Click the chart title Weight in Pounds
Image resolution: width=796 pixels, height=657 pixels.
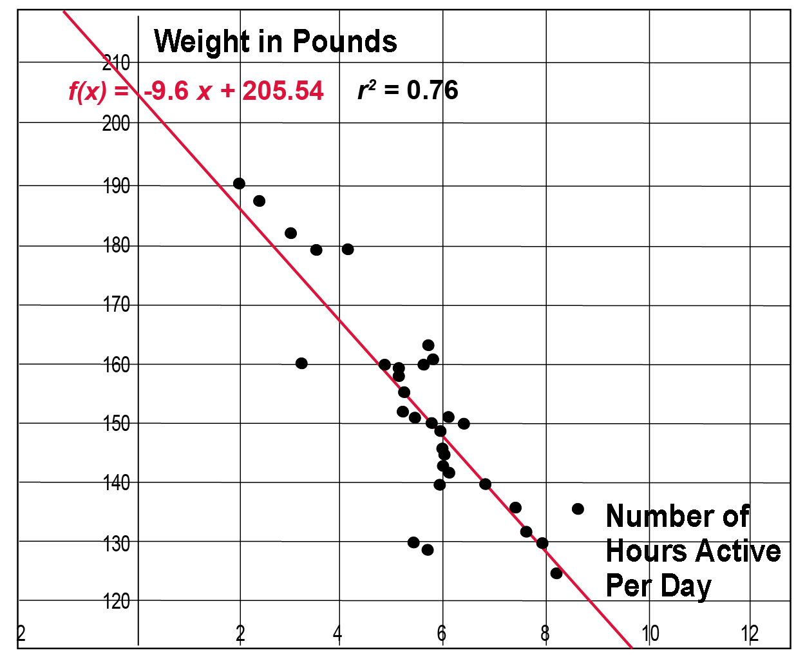pos(275,42)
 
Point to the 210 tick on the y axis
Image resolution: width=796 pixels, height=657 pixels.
pos(117,63)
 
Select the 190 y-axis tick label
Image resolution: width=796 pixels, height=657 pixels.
pos(117,186)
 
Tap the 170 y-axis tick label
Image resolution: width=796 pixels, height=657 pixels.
pos(117,304)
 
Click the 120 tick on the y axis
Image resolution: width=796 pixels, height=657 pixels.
pos(117,602)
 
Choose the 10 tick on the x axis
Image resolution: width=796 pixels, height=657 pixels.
pos(650,634)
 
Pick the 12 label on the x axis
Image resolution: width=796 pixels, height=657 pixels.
pos(750,634)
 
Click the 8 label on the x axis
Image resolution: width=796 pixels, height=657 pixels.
pos(545,634)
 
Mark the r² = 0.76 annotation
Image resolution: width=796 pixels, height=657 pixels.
pos(408,90)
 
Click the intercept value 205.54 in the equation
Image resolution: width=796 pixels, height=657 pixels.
pos(283,91)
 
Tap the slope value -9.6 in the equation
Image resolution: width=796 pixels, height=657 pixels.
pos(166,91)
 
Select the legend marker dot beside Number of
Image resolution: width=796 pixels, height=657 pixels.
pos(578,509)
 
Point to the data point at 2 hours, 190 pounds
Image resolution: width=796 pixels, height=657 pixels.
pos(239,184)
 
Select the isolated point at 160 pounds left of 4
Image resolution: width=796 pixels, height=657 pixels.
pos(301,363)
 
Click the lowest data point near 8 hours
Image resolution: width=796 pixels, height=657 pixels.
pos(556,573)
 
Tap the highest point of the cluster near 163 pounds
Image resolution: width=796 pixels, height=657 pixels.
pos(428,345)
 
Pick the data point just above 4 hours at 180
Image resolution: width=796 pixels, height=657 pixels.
pos(348,249)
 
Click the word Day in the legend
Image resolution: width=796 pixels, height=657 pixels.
pos(686,586)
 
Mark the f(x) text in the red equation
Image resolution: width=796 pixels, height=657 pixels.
pos(88,91)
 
